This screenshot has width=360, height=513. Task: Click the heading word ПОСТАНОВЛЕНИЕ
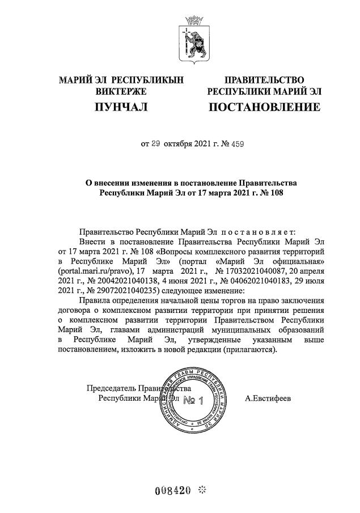tap(264, 107)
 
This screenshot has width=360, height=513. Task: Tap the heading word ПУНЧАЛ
tap(120, 107)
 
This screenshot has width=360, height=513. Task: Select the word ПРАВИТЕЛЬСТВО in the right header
tap(264, 80)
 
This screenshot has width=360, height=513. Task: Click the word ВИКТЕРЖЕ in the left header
tap(121, 91)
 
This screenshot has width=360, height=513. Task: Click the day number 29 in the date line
tap(156, 144)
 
